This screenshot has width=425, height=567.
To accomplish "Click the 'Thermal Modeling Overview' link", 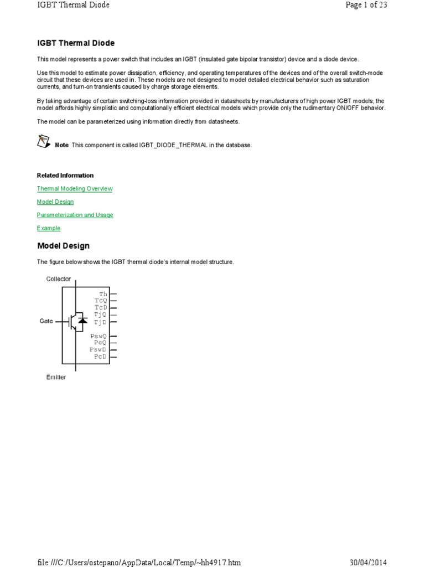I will pyautogui.click(x=75, y=189).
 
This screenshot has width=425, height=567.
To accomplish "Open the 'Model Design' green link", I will pyautogui.click(x=55, y=202).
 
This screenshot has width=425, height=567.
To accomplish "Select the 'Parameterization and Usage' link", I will pyautogui.click(x=75, y=215).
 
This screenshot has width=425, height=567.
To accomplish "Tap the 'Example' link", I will pyautogui.click(x=49, y=228).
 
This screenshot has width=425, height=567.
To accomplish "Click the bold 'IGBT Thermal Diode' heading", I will pyautogui.click(x=76, y=43).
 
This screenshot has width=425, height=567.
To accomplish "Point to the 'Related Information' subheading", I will pyautogui.click(x=65, y=176).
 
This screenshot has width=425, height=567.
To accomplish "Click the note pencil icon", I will pyautogui.click(x=44, y=141).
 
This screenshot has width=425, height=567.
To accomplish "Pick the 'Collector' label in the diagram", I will pyautogui.click(x=59, y=279).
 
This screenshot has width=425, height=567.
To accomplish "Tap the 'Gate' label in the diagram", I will pyautogui.click(x=46, y=321).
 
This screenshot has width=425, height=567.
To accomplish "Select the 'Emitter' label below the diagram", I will pyautogui.click(x=56, y=377).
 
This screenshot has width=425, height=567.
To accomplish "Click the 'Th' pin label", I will pyautogui.click(x=103, y=294).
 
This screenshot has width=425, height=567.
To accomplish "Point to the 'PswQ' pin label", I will pyautogui.click(x=99, y=336).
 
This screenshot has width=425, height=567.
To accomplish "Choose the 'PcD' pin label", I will pyautogui.click(x=100, y=357).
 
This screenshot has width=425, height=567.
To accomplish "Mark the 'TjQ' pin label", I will pyautogui.click(x=100, y=315).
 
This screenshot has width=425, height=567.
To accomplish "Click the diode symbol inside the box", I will pyautogui.click(x=82, y=320).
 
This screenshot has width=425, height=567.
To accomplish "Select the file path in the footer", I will pyautogui.click(x=139, y=563).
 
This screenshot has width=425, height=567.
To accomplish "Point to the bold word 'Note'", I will pyautogui.click(x=62, y=145).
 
